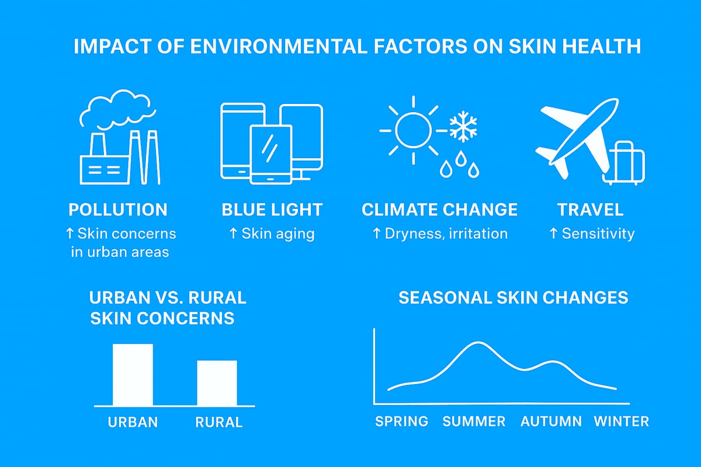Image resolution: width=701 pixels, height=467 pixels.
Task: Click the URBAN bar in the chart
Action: (x=133, y=375)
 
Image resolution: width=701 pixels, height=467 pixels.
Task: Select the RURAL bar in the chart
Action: (x=217, y=383)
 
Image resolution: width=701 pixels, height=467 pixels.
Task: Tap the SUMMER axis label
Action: (x=474, y=421)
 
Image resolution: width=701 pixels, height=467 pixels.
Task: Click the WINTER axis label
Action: (x=621, y=421)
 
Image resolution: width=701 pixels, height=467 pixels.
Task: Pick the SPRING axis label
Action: (x=401, y=421)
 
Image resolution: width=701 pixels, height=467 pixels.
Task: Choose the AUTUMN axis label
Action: (x=551, y=421)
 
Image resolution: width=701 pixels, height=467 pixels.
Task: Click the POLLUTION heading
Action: (x=118, y=210)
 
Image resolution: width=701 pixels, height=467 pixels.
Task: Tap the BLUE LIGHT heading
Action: (x=272, y=210)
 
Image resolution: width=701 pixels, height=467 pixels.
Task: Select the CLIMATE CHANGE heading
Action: (x=439, y=210)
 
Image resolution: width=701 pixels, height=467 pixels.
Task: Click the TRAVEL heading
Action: (x=590, y=210)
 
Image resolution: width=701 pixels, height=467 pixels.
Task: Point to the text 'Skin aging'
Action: (x=278, y=234)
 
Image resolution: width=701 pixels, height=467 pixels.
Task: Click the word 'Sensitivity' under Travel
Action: (x=598, y=234)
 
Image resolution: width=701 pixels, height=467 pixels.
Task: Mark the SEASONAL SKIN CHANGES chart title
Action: (x=513, y=298)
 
